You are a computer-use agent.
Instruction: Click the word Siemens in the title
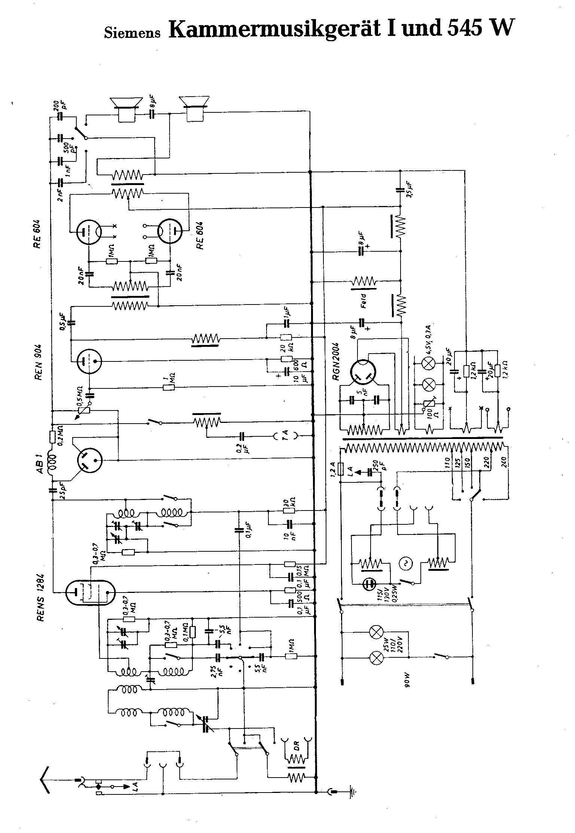pos(132,33)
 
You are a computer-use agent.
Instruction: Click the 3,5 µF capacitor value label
pos(409,190)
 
